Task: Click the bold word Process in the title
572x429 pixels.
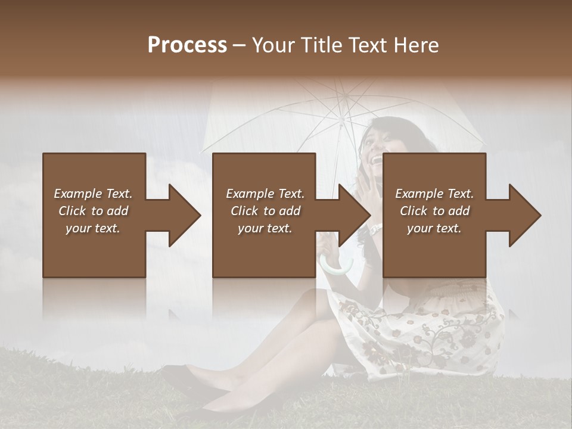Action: [x=187, y=45]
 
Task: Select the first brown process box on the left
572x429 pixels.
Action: [x=94, y=250]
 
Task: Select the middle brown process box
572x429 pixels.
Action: [x=264, y=250]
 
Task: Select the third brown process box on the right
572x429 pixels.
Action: [x=434, y=250]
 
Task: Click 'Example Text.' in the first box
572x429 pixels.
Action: [x=93, y=194]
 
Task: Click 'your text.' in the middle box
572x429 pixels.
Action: [x=265, y=228]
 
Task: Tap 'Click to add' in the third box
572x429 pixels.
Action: [x=434, y=211]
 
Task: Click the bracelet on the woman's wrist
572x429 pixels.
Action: [x=375, y=228]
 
